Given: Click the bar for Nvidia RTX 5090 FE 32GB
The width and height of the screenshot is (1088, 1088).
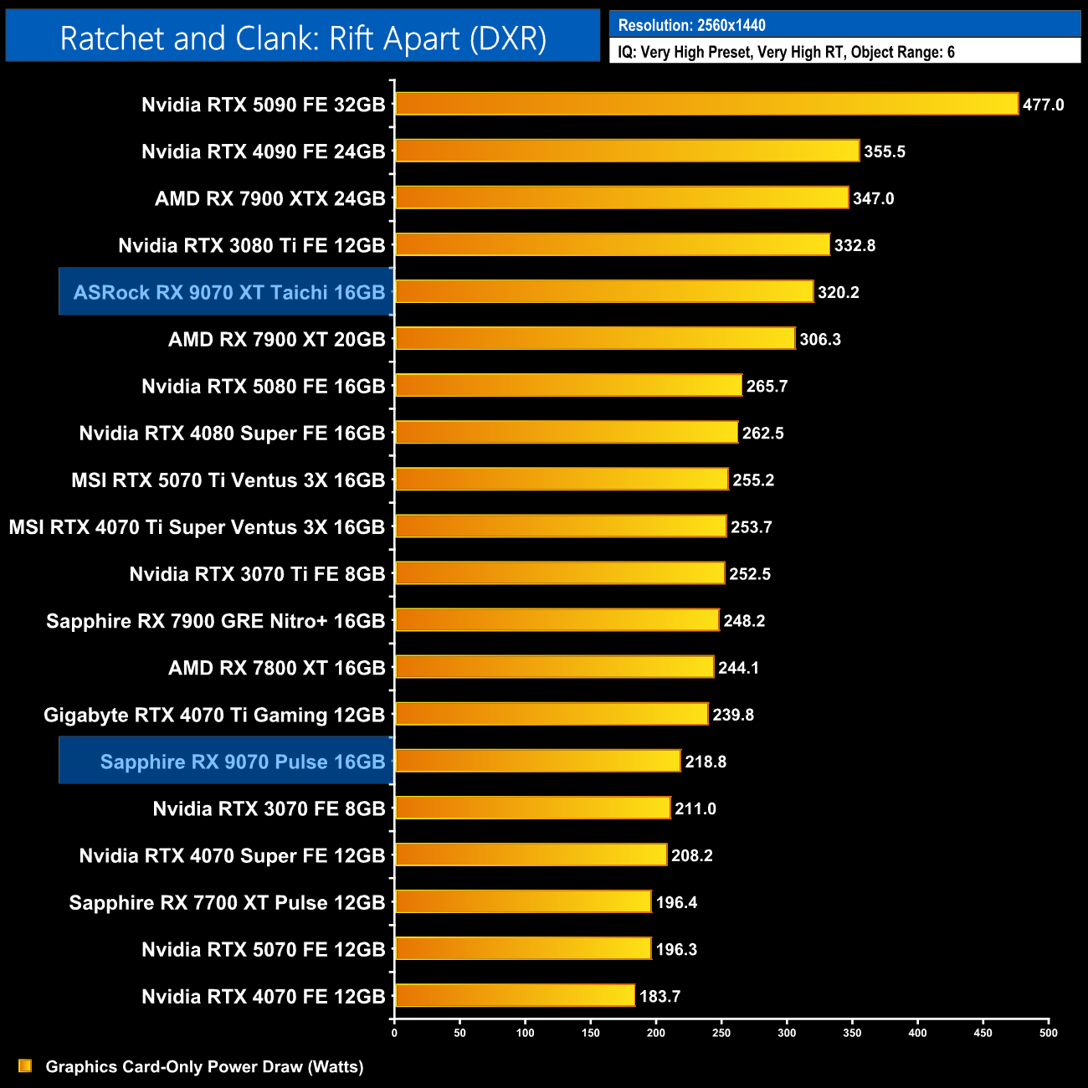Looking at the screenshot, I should [706, 104].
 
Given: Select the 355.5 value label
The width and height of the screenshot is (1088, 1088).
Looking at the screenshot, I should [885, 151].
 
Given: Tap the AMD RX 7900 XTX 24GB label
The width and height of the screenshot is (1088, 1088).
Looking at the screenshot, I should [269, 198].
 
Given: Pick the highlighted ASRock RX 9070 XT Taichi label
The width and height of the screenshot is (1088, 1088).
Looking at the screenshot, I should [228, 292].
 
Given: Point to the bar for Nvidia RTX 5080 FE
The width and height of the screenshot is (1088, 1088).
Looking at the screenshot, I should [568, 385].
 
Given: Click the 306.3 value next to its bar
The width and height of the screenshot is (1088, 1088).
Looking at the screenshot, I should [820, 339].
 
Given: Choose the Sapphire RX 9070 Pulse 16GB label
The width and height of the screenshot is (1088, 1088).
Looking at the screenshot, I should [242, 762].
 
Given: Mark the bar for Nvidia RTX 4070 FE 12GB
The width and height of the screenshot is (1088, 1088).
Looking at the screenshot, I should [515, 995].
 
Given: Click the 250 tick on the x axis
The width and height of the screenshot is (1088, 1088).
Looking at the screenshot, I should [721, 1033].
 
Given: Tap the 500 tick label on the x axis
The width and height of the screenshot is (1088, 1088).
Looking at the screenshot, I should [1048, 1033].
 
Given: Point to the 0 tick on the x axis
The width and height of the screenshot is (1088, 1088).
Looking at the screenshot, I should [394, 1033].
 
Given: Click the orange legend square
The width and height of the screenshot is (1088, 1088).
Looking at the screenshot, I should [25, 1065].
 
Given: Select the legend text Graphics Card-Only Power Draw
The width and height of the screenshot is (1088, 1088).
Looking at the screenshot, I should [204, 1066].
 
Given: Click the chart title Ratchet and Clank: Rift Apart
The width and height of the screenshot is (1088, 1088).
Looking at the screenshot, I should [303, 38].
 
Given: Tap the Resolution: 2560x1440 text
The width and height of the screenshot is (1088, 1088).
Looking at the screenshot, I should [691, 25].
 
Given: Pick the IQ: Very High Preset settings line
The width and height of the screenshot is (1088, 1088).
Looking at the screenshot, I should [786, 52].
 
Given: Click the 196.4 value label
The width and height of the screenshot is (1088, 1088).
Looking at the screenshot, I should [676, 902].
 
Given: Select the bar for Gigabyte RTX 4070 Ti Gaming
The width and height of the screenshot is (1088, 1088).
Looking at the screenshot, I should [552, 714].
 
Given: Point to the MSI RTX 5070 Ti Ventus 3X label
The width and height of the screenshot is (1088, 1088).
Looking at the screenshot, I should [228, 480].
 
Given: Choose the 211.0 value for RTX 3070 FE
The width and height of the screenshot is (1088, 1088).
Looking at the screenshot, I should [695, 808].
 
